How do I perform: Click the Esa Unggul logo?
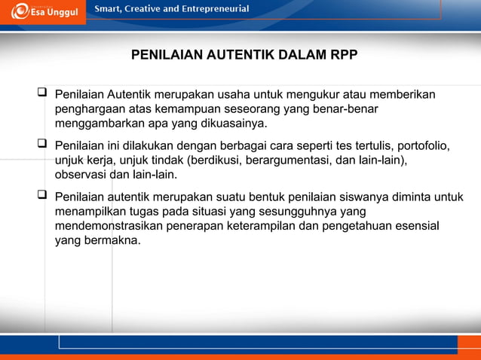[x=44, y=12]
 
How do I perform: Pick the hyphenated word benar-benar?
[x=345, y=110]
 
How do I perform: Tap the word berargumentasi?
[x=295, y=160]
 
